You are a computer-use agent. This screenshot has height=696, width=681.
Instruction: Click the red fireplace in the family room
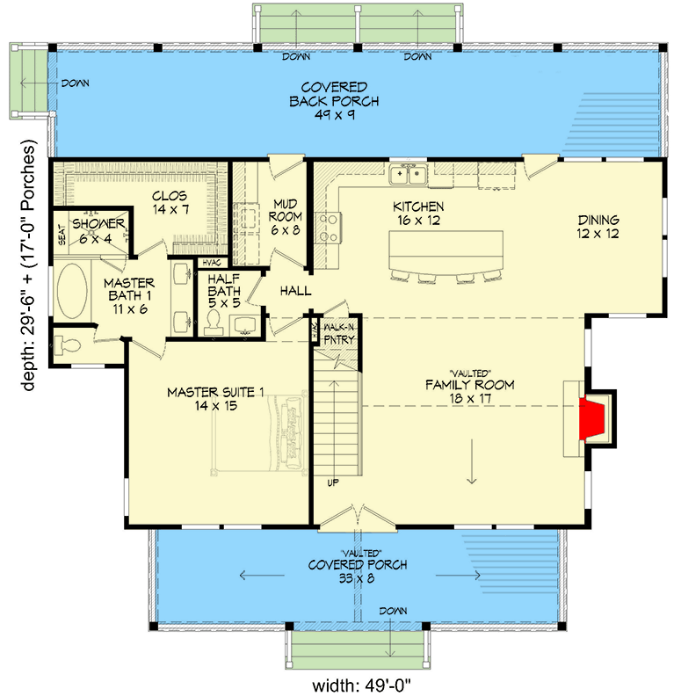(598, 418)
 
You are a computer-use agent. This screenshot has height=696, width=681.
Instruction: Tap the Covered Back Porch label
(333, 94)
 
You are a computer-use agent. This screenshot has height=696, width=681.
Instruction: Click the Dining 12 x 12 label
(598, 227)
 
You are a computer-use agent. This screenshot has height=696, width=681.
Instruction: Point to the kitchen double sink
(408, 175)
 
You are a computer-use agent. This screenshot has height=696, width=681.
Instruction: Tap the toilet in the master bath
(67, 344)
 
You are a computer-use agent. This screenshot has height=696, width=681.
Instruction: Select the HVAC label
(212, 263)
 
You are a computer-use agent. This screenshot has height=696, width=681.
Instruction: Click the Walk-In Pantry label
(338, 333)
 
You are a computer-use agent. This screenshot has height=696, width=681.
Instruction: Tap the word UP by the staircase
(333, 482)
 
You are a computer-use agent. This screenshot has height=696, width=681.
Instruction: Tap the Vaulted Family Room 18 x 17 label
(469, 384)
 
